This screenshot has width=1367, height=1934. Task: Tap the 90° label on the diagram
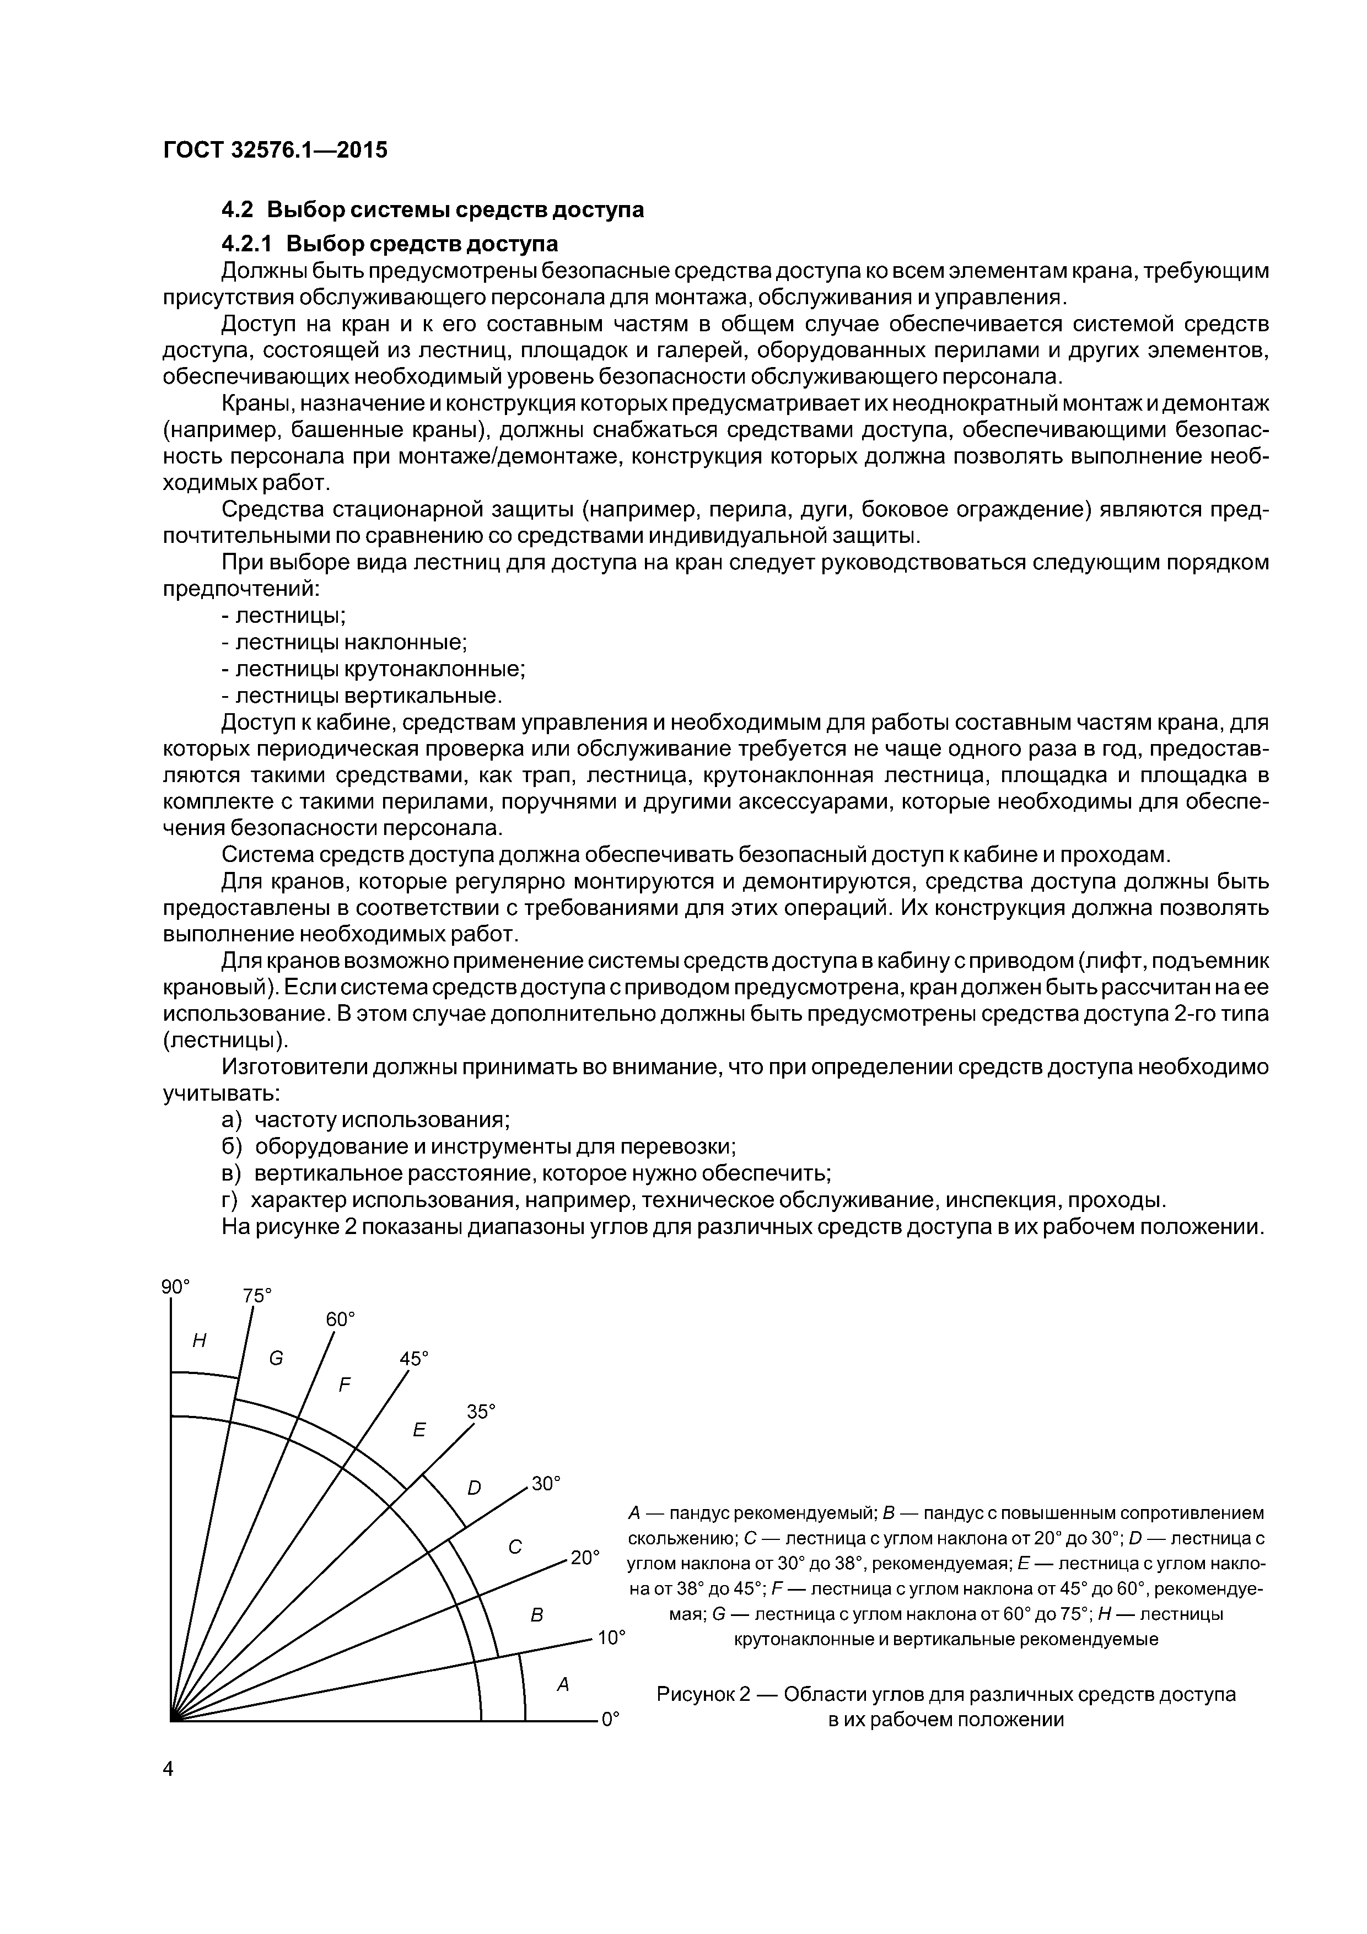click(x=176, y=1286)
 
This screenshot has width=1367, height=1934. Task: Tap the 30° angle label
click(x=546, y=1483)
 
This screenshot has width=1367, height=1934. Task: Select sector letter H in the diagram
click(x=200, y=1340)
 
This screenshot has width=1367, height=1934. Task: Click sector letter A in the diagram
click(x=563, y=1684)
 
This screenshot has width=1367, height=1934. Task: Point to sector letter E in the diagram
click(x=418, y=1430)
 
